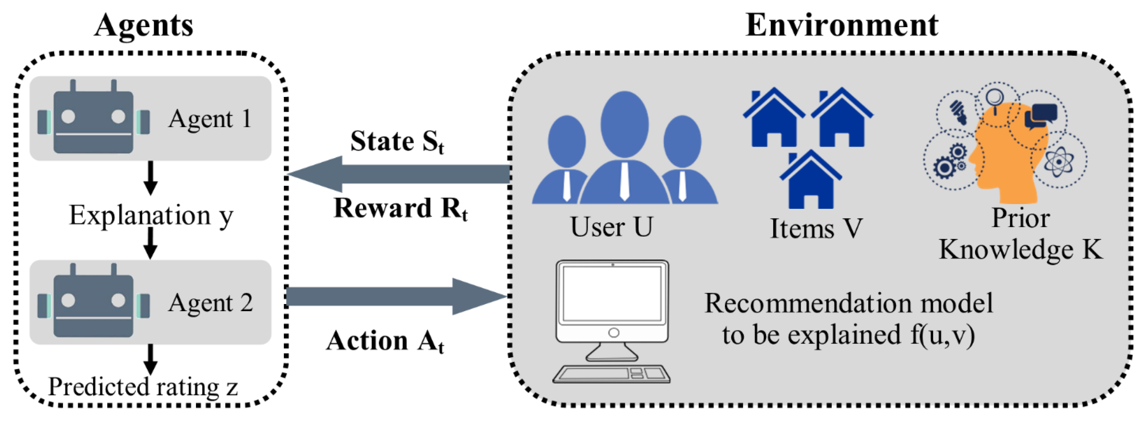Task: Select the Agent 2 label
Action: pos(210,303)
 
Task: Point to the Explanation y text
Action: pos(151,216)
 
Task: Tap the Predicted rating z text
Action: pos(143,386)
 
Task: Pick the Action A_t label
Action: pos(385,341)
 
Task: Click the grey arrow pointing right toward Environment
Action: pos(395,296)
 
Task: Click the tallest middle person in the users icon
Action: pos(624,147)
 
